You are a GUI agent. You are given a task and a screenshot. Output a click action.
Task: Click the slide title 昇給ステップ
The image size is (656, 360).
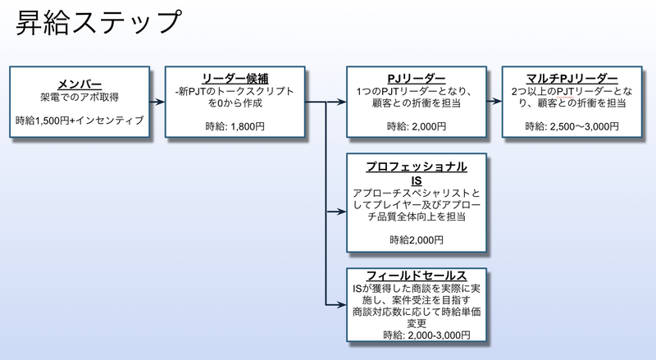[x=98, y=22]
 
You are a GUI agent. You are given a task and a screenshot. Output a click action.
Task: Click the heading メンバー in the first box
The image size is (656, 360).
[x=80, y=83]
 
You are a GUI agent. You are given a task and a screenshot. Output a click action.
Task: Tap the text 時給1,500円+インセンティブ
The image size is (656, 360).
[x=80, y=121]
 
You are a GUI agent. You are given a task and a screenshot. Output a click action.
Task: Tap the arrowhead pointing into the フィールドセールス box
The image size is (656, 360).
[x=342, y=304]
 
